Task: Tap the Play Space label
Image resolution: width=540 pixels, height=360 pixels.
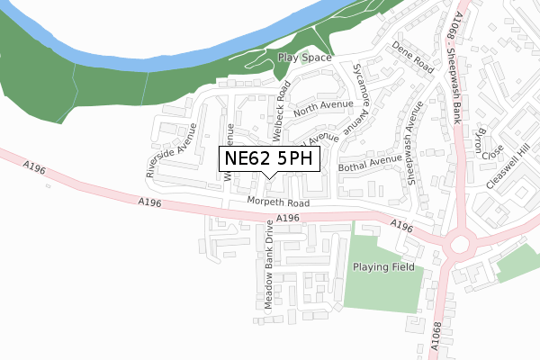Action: [x=304, y=58]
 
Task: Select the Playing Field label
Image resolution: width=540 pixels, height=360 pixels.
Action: [x=382, y=267]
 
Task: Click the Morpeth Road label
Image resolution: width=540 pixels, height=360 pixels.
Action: [x=279, y=203]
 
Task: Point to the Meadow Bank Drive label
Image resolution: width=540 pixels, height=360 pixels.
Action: [x=268, y=260]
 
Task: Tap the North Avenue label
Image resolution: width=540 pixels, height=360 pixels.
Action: [x=319, y=109]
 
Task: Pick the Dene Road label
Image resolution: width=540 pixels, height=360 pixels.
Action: [x=414, y=61]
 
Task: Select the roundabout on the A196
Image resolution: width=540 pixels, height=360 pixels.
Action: [x=461, y=244]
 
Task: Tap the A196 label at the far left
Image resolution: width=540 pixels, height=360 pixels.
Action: [x=34, y=166]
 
